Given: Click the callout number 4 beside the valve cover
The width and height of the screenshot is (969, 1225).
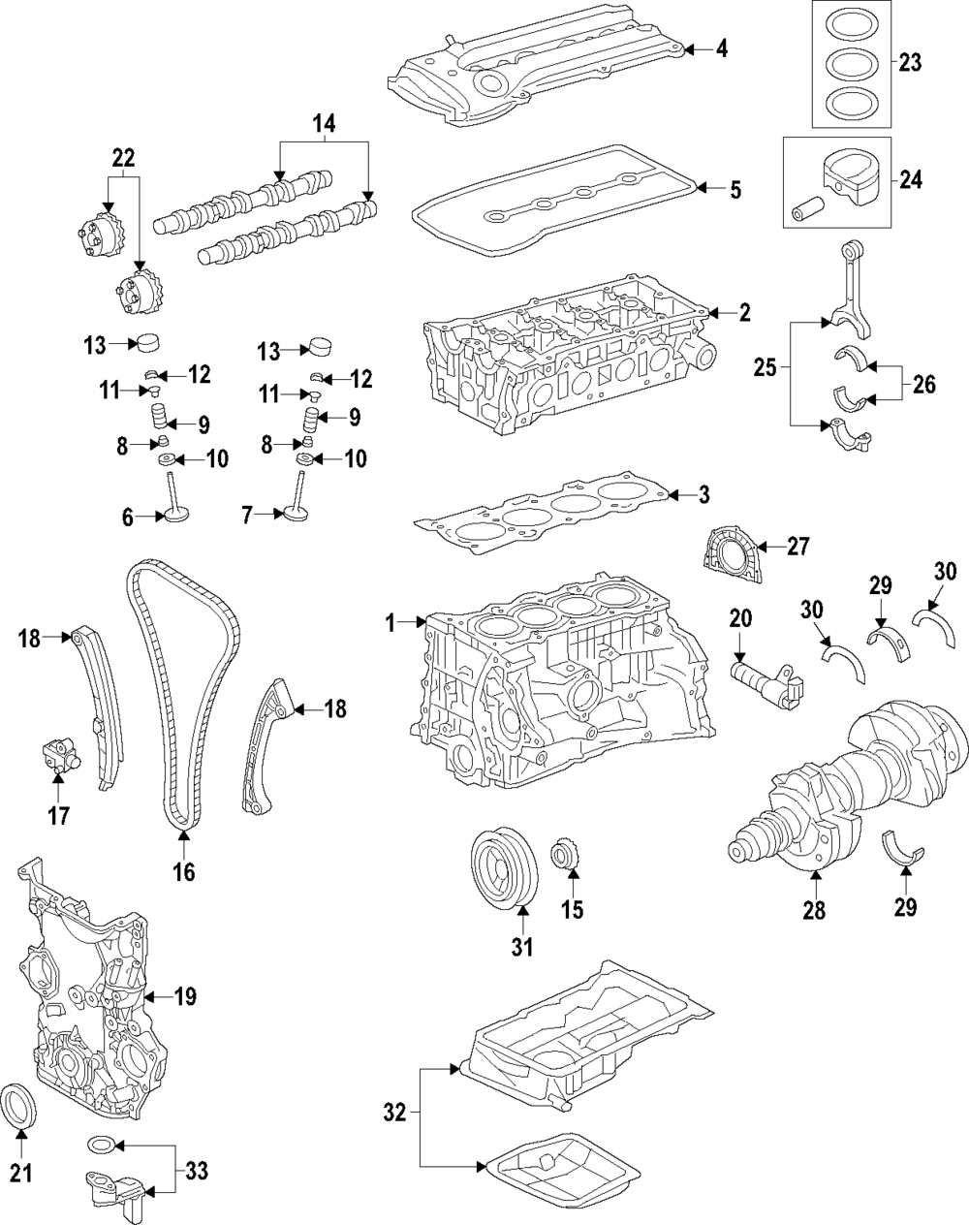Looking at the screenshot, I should click(x=722, y=48).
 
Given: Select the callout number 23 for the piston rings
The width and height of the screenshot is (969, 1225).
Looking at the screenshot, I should click(x=909, y=64).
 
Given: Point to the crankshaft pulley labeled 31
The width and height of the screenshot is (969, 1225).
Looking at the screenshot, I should click(x=503, y=867).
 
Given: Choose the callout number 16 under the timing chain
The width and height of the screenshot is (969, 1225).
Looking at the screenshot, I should click(x=183, y=872).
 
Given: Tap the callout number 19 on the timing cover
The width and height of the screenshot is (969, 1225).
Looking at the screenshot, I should click(x=184, y=996).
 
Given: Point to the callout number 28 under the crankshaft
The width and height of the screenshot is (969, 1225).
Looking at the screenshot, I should click(x=814, y=911).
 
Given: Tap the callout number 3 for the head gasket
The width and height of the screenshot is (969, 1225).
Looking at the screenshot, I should click(x=703, y=495).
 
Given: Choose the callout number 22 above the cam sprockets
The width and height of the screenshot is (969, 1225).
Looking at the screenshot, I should click(x=124, y=156).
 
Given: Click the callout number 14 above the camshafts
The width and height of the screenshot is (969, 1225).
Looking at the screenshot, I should click(x=324, y=123).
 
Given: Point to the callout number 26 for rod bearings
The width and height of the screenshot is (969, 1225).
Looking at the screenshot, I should click(x=923, y=384).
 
